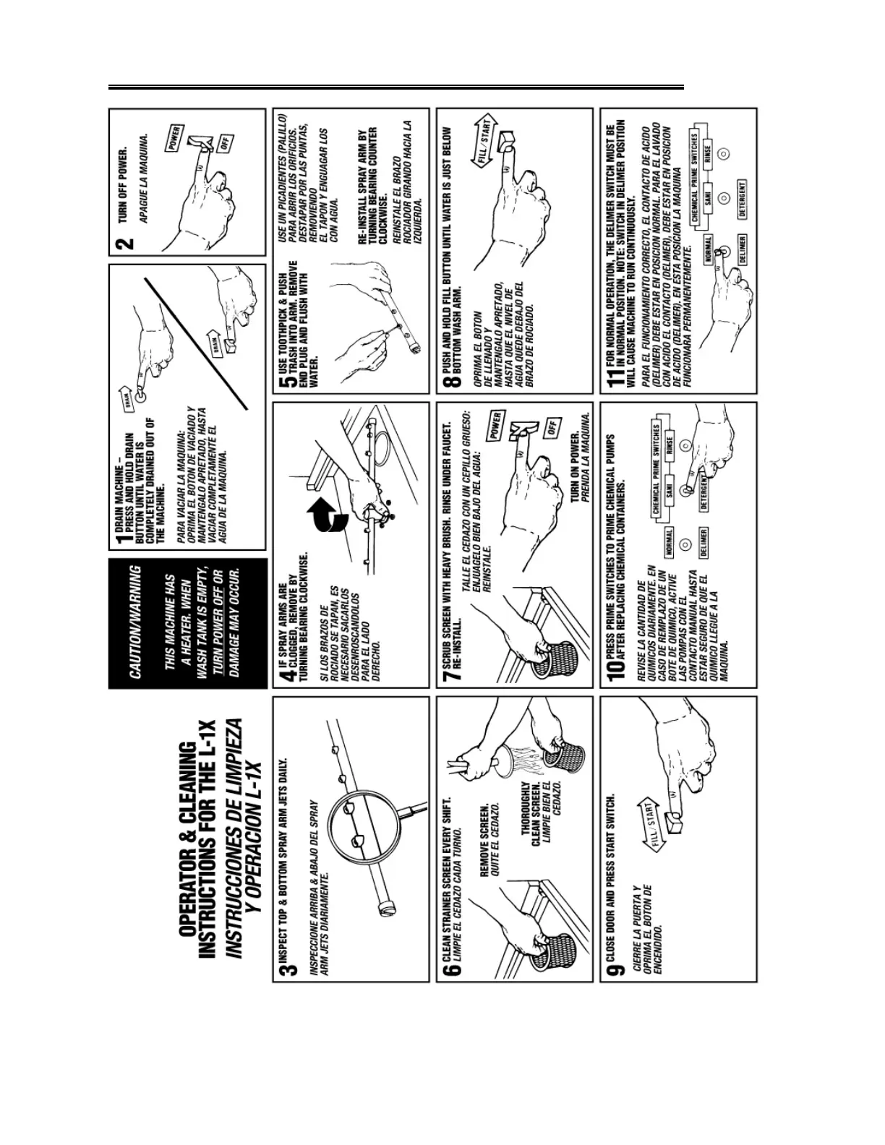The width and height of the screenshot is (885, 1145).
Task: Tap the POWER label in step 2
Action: click(175, 137)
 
